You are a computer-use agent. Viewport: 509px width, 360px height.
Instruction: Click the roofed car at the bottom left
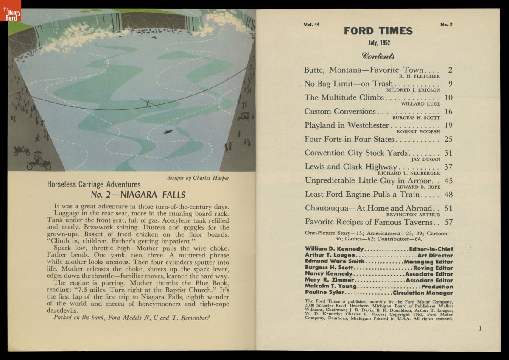tap(39, 161)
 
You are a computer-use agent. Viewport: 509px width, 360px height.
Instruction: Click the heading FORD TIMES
tap(378, 31)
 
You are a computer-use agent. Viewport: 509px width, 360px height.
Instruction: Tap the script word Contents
tap(378, 56)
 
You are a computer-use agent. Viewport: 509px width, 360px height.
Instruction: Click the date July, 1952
tap(378, 43)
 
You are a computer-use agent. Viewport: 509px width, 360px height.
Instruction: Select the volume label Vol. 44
tap(311, 25)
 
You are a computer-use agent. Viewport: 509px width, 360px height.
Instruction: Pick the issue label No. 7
tap(447, 25)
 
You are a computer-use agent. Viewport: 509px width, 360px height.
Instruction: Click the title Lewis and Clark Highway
tap(350, 167)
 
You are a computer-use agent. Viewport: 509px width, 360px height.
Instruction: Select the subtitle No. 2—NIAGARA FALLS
tap(138, 195)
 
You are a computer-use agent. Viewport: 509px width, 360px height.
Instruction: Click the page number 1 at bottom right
tap(480, 328)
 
